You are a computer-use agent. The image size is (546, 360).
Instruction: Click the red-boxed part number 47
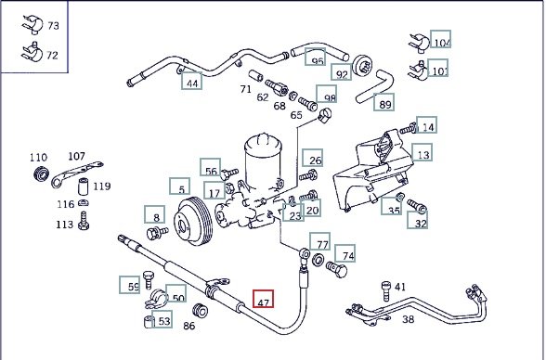click(264, 299)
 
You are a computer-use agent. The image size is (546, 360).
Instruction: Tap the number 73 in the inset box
click(53, 26)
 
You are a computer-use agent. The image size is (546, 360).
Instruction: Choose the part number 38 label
click(409, 319)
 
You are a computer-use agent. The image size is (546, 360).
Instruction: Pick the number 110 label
click(38, 158)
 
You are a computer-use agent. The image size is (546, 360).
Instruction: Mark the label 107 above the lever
click(76, 156)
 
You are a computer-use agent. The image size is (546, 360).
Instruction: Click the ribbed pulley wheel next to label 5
click(193, 221)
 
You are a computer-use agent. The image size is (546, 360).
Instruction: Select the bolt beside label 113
click(84, 221)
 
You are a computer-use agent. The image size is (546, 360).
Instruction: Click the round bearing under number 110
click(41, 174)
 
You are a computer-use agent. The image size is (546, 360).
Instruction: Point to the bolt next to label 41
click(386, 290)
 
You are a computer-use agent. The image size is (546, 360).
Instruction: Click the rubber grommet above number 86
click(201, 310)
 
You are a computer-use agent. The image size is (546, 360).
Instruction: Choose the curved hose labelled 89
click(375, 86)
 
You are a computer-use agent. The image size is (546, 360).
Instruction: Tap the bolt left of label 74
click(336, 270)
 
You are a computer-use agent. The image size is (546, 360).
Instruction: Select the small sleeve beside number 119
click(84, 186)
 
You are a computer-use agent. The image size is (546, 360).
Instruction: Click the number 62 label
click(263, 97)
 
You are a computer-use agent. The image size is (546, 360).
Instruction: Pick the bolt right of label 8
click(157, 232)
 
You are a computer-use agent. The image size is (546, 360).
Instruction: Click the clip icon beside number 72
click(32, 53)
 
